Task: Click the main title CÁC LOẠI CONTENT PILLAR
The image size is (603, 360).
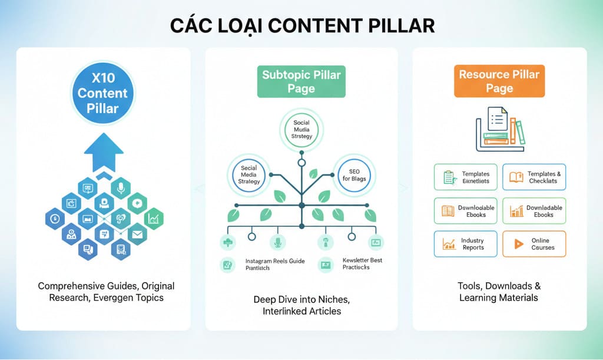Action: tap(301, 26)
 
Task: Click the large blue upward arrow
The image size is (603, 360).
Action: tap(104, 152)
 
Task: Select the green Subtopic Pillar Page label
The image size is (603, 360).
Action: tap(301, 81)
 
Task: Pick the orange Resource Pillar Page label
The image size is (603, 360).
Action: tap(499, 81)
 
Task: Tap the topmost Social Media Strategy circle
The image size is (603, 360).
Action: tap(301, 128)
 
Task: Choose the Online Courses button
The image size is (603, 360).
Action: tap(534, 244)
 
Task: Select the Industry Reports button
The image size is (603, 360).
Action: tap(465, 244)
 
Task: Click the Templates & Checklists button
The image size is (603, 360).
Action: tap(534, 177)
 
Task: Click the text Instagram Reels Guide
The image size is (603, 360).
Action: tap(274, 261)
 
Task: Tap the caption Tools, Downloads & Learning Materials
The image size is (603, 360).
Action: tap(499, 292)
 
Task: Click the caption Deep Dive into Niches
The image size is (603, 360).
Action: tap(301, 299)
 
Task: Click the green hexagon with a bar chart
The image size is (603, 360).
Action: tap(154, 219)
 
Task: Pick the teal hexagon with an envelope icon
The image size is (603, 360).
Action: tap(137, 235)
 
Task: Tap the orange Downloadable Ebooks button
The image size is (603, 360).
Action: tap(534, 210)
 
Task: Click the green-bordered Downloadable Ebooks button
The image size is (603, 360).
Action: tap(465, 210)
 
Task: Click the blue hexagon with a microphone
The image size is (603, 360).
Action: tap(120, 187)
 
